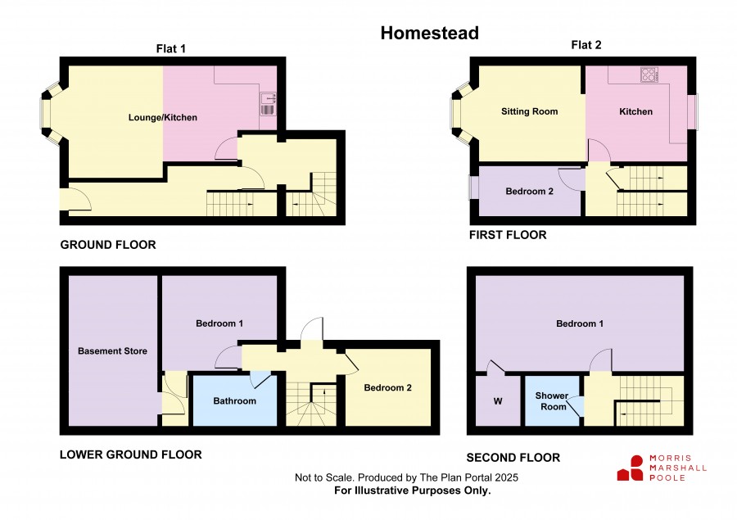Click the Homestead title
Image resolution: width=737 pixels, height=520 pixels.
(x=430, y=33)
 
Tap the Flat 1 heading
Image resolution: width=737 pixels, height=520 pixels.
(x=171, y=48)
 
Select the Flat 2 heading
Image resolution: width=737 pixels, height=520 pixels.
(x=586, y=45)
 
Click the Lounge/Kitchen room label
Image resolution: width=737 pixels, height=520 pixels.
(x=163, y=117)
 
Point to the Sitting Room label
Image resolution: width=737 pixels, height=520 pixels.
(x=529, y=111)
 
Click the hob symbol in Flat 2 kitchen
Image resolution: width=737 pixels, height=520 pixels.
(x=649, y=75)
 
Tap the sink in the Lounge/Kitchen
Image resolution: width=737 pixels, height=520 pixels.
(x=269, y=104)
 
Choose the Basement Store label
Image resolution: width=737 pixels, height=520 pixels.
(x=112, y=350)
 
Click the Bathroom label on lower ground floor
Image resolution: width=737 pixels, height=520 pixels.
(x=234, y=400)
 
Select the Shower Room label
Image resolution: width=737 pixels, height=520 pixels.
(x=552, y=401)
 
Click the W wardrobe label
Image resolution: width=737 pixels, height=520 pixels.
(x=498, y=401)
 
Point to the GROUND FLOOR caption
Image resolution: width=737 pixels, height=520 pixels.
(x=108, y=245)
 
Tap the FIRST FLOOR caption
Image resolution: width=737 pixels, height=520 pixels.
(x=508, y=234)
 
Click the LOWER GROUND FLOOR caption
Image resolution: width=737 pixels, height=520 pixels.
(x=131, y=454)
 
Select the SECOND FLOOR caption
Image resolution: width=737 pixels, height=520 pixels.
(x=513, y=458)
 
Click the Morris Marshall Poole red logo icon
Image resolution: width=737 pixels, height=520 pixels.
(x=631, y=468)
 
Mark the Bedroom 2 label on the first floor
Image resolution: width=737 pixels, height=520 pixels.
(x=529, y=192)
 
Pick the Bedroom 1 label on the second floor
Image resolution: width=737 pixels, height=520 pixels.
(x=580, y=323)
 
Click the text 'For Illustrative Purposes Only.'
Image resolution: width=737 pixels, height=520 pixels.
(x=412, y=491)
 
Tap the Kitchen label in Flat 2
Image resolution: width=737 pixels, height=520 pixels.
(x=636, y=111)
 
